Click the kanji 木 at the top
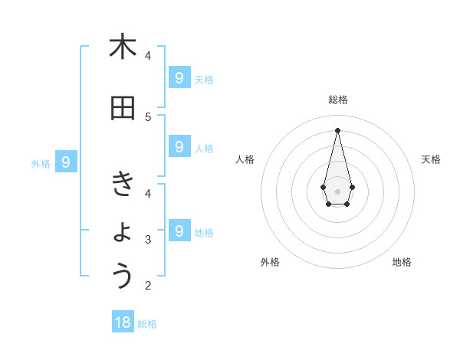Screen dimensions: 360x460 pyautogui.click(x=123, y=47)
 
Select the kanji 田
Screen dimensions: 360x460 pyautogui.click(x=123, y=108)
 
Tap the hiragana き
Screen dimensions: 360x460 pyautogui.click(x=123, y=184)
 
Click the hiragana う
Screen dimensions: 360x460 pyautogui.click(x=123, y=276)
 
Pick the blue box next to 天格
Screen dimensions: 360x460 pyautogui.click(x=179, y=77)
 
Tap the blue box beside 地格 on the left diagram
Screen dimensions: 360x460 pyautogui.click(x=179, y=231)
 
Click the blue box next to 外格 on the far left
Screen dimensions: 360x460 pyautogui.click(x=66, y=162)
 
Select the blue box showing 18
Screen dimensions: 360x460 pyautogui.click(x=123, y=322)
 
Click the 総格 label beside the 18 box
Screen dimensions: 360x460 pyautogui.click(x=147, y=324)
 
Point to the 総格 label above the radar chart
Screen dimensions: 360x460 pyautogui.click(x=337, y=100)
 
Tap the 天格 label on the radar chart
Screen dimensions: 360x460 pyautogui.click(x=431, y=159)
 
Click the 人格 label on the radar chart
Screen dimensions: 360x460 pyautogui.click(x=245, y=159)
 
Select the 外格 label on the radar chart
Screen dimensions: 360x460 pyautogui.click(x=270, y=262)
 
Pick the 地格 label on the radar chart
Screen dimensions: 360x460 pyautogui.click(x=402, y=262)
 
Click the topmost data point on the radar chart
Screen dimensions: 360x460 pyautogui.click(x=337, y=129)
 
